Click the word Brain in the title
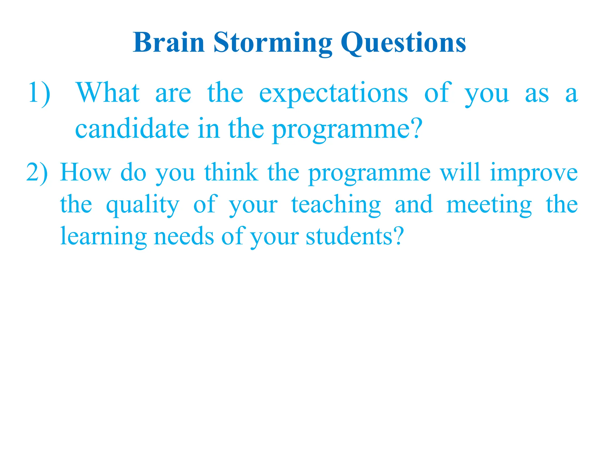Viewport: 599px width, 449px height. coord(168,43)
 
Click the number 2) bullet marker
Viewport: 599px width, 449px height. coord(37,173)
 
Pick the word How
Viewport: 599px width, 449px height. coord(86,172)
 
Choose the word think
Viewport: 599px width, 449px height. coord(231,172)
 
